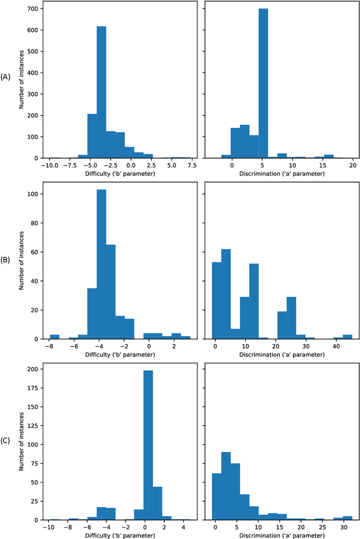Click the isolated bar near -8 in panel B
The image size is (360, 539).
[55, 337]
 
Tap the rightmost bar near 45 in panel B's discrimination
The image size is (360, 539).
[348, 337]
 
